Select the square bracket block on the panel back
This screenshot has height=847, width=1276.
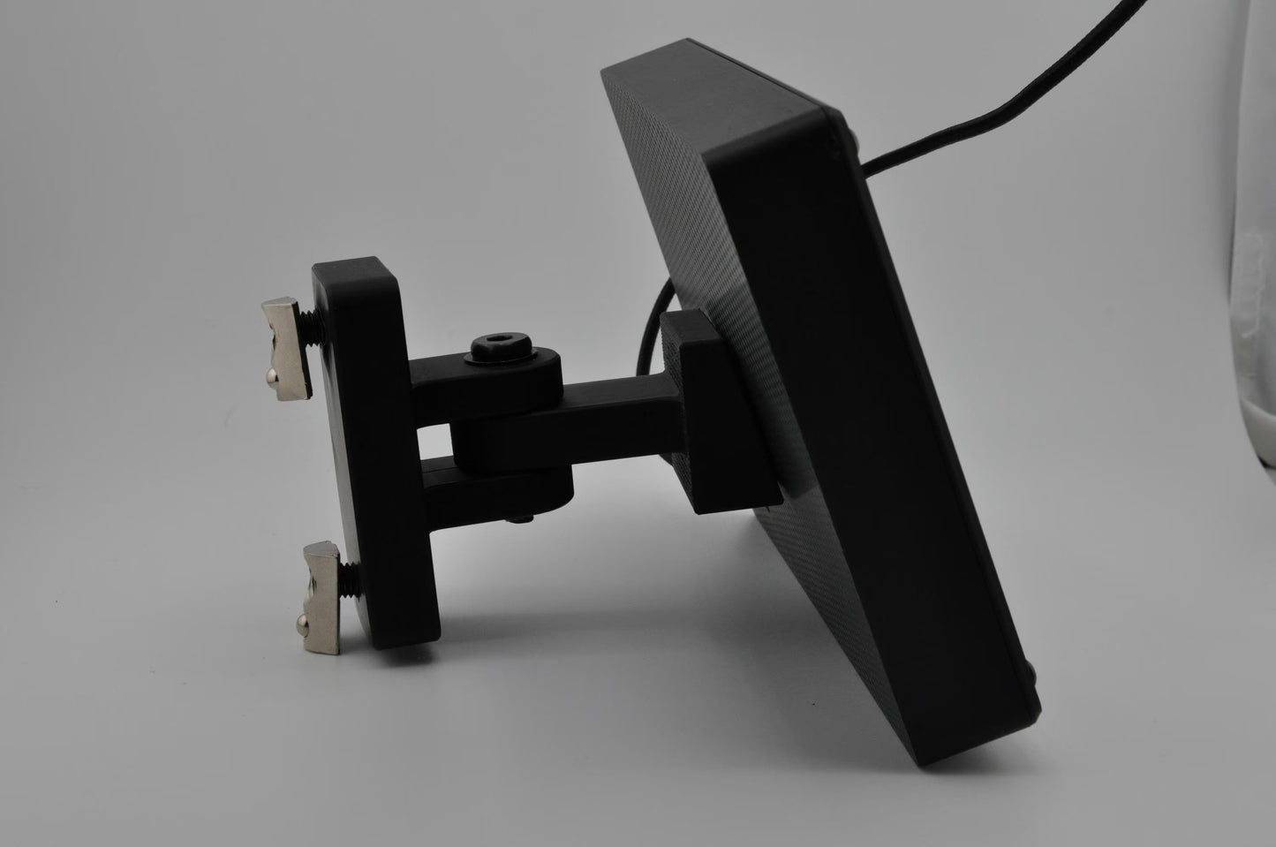pos(715,415)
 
